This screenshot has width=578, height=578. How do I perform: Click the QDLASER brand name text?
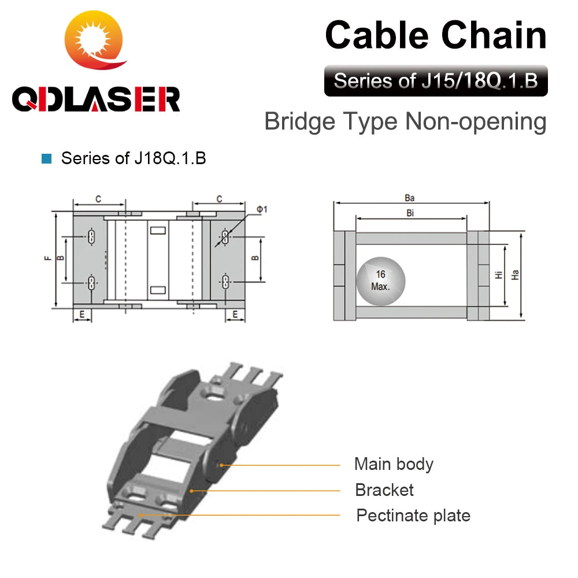[x=96, y=99]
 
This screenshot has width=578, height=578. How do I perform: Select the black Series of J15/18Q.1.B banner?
[x=436, y=80]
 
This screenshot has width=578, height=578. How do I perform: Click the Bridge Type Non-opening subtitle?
[x=405, y=122]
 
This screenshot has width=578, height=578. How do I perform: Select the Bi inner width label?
[x=410, y=213]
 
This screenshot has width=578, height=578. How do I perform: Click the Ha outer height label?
[x=516, y=276]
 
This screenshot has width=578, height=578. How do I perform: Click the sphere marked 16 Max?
[x=380, y=280]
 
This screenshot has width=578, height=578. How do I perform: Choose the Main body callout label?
[x=394, y=464]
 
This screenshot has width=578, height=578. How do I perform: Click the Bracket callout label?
[x=384, y=490]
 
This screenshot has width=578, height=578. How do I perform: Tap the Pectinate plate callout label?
[x=413, y=516]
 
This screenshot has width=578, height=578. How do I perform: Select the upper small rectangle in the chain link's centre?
[x=158, y=231]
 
